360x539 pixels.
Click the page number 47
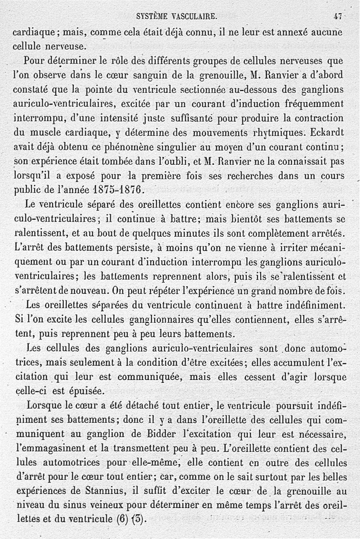[x=338, y=17]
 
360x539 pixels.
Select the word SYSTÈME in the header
[x=152, y=17]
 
